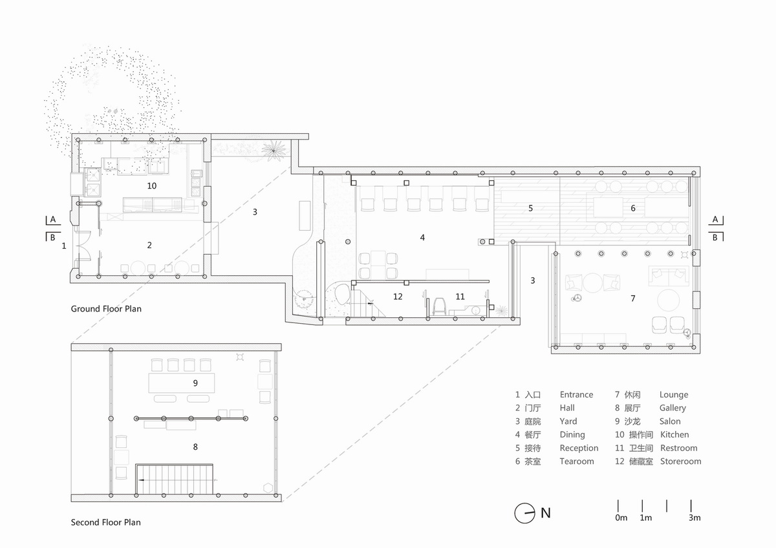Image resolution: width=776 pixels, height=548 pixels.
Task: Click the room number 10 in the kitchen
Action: tap(152, 186)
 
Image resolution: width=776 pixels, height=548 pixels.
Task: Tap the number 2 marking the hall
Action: tap(149, 245)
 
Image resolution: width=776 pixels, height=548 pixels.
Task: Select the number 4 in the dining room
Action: tap(422, 237)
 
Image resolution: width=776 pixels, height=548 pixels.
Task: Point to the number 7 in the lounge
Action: tap(633, 299)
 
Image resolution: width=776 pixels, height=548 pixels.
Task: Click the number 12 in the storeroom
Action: tap(398, 297)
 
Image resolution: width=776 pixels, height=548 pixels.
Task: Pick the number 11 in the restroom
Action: tap(460, 297)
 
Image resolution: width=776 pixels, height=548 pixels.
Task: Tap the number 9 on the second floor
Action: tap(195, 383)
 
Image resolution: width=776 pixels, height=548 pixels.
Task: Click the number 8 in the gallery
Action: tap(195, 447)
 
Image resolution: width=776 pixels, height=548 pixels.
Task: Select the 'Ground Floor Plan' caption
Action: tap(106, 309)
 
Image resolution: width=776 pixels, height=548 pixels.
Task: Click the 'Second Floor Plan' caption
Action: tap(105, 522)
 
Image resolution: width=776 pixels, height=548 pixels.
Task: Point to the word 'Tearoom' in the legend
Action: tap(577, 461)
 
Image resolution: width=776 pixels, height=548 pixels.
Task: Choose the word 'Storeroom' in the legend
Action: tap(681, 461)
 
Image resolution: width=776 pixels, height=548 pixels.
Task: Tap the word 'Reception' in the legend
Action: tap(579, 448)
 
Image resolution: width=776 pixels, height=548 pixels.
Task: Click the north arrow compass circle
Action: tap(524, 512)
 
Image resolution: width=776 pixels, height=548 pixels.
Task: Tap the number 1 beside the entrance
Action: tap(64, 246)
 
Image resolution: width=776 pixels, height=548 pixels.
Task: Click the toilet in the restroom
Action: tap(439, 307)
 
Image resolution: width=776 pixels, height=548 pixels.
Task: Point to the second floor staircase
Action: tap(174, 479)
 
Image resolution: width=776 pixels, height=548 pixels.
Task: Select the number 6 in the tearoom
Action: tap(633, 208)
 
